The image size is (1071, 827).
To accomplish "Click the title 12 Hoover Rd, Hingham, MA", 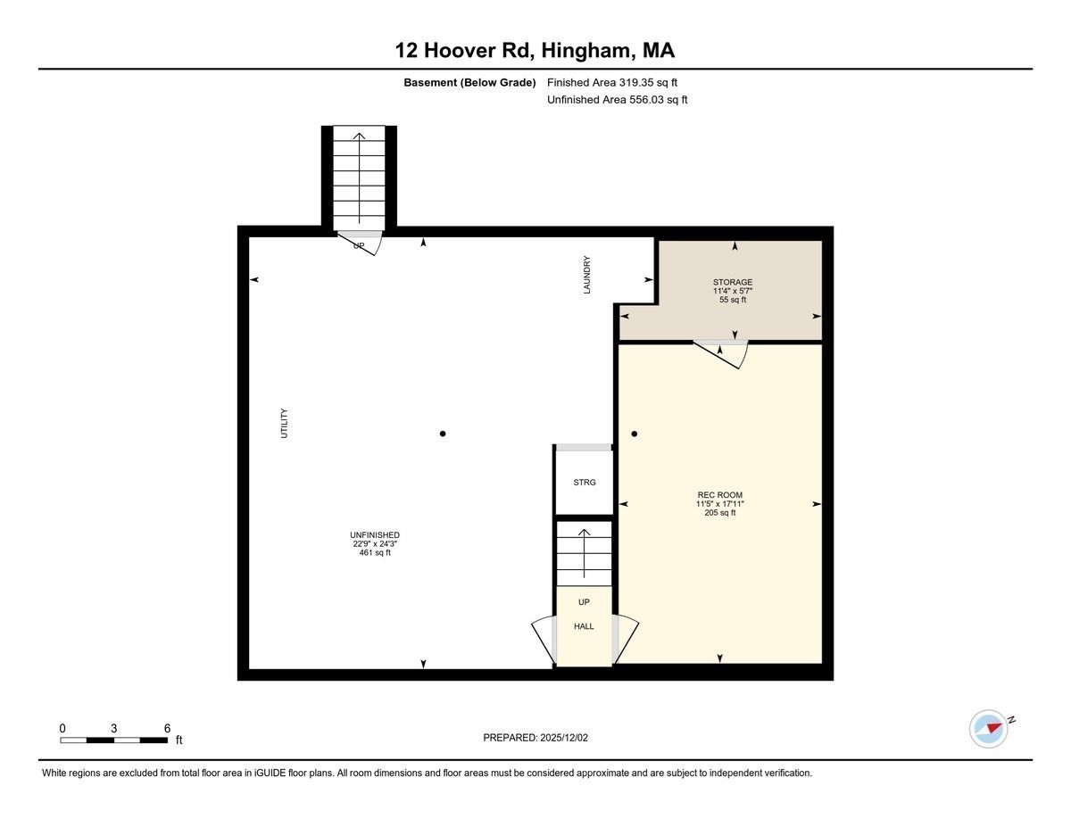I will (535, 50).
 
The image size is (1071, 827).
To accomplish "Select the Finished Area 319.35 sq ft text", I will (618, 82).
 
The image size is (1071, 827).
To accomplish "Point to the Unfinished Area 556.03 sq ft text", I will (617, 100).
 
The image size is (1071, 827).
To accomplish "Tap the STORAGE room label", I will (732, 283).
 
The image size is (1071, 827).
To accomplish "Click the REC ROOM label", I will (719, 495).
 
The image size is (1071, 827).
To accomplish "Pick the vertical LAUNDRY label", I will (587, 276).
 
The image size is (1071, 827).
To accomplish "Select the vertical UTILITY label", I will (285, 423).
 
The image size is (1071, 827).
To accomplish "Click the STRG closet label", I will (584, 483).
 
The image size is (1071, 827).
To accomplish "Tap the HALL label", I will (584, 626).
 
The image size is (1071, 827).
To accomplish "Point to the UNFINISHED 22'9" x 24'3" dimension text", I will (375, 544).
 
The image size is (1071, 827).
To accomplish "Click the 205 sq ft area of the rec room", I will (719, 513).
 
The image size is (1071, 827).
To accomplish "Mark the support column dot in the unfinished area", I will (443, 434).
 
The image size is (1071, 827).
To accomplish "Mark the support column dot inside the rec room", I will (635, 434).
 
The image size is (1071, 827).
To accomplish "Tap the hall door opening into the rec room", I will (627, 639).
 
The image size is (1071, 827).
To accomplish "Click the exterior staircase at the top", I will (359, 177).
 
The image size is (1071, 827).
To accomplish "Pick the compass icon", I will (989, 728).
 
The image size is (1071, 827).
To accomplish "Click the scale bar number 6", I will (167, 728).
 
